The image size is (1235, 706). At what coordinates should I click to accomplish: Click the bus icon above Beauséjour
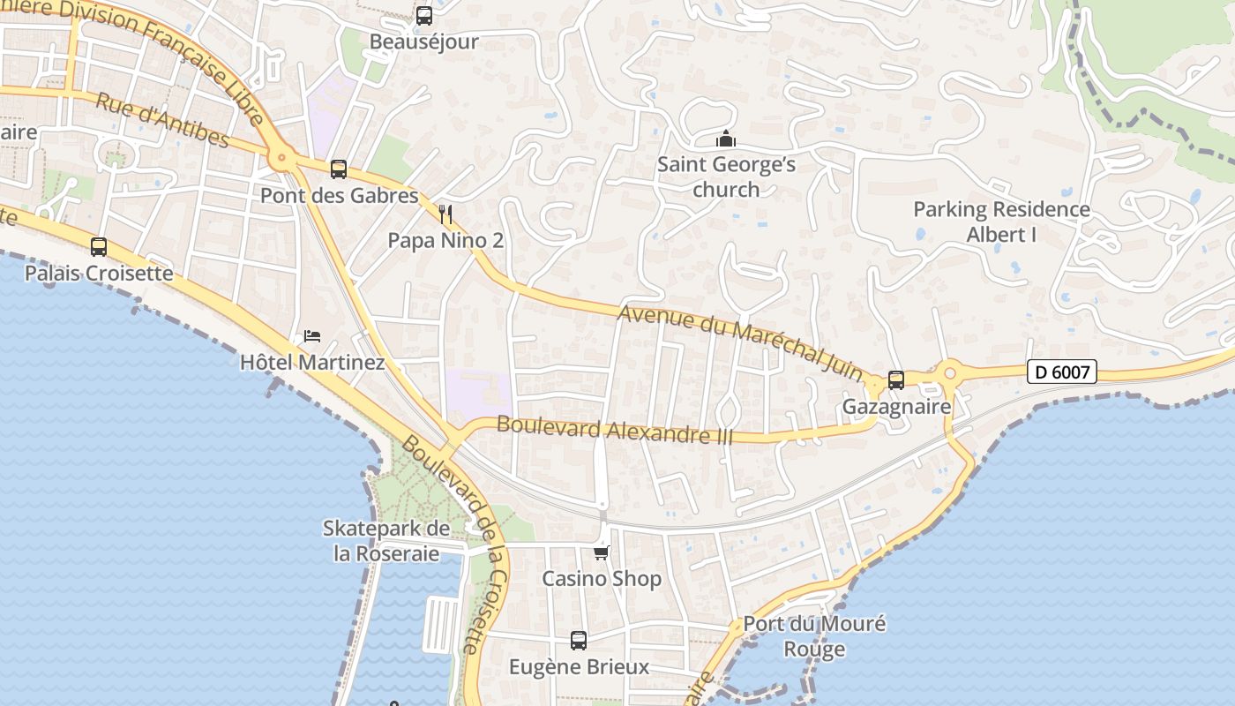click(424, 16)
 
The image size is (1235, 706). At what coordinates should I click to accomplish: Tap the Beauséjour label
click(424, 41)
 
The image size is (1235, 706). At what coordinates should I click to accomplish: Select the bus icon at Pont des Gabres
click(339, 169)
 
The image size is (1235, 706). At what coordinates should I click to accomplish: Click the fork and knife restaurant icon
click(445, 214)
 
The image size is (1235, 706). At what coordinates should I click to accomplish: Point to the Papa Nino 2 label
click(445, 240)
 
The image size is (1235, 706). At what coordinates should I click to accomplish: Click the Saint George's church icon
click(726, 139)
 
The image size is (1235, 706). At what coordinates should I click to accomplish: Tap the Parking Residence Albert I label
click(1001, 222)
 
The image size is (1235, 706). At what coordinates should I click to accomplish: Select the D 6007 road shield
click(1062, 372)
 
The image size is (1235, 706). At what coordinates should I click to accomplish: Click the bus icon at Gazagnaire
click(896, 380)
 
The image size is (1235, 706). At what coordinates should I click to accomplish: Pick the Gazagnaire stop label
click(896, 407)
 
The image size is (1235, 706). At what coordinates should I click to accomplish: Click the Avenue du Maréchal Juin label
click(741, 344)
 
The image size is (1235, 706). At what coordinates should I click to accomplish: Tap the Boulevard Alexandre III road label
click(615, 429)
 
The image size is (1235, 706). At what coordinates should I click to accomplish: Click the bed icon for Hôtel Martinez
click(312, 336)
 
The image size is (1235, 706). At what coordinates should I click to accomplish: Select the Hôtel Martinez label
click(312, 363)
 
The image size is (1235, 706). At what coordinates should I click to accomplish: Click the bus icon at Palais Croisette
click(99, 247)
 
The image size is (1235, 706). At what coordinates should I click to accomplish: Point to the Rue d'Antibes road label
click(162, 120)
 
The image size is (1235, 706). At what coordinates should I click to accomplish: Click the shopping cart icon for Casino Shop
click(602, 552)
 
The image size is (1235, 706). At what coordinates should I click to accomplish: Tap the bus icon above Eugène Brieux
click(579, 641)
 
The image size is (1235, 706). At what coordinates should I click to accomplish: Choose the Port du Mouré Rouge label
click(814, 636)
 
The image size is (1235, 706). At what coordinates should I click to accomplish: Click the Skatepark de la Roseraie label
click(386, 541)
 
